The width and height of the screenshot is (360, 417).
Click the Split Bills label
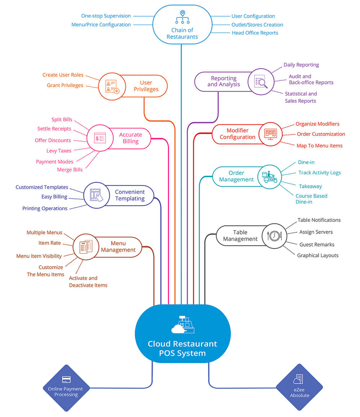pos(62,120)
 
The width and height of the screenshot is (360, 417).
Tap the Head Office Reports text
pos(255,33)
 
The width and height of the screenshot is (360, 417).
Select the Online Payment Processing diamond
pos(66,388)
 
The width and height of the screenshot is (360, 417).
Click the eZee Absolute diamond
pos(300,387)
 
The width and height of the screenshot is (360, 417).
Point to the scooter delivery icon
pos(269,177)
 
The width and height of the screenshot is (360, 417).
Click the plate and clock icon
pos(274,236)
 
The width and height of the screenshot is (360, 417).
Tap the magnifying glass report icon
pos(261,82)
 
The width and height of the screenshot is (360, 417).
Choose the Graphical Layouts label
pos(318,256)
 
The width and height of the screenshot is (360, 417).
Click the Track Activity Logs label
pos(320,173)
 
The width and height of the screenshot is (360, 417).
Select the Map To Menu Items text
pos(320,146)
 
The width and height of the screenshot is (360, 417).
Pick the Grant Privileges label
pos(65,85)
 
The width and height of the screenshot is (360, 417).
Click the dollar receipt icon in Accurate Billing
pos(100,138)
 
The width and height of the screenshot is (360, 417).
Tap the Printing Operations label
pos(45,208)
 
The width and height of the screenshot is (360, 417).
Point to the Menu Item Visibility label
pos(39,256)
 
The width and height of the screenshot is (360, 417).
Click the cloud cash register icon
pos(183,324)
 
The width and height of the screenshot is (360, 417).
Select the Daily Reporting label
pos(301,65)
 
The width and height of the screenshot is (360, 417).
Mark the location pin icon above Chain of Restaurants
pos(183,13)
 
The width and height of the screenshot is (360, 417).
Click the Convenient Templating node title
pos(130,195)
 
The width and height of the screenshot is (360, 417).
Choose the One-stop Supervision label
pos(106,16)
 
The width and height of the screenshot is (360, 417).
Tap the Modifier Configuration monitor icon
pos(270,134)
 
